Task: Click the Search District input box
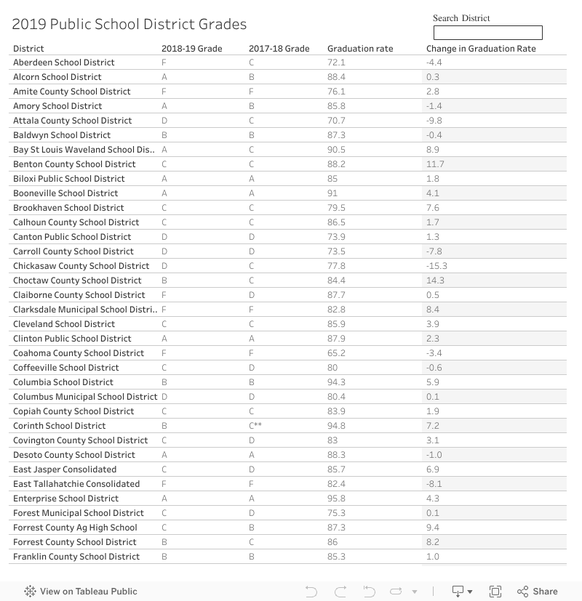(x=487, y=33)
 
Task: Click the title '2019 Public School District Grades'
(x=129, y=25)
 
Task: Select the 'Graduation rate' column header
(x=360, y=49)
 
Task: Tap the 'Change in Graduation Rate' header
(x=481, y=49)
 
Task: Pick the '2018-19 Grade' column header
(x=191, y=49)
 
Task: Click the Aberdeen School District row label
(x=64, y=62)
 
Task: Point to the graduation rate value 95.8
(x=336, y=499)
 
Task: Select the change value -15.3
(x=436, y=266)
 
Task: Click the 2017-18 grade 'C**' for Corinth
(x=255, y=426)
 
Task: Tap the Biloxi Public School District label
(x=69, y=179)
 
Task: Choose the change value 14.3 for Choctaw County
(x=435, y=281)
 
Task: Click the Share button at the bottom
(x=538, y=592)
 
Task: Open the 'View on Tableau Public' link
(x=81, y=592)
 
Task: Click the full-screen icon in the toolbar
(x=495, y=592)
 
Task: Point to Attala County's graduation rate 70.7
(x=336, y=121)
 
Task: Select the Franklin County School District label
(x=76, y=557)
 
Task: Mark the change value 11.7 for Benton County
(x=435, y=164)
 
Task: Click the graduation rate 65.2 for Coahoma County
(x=336, y=353)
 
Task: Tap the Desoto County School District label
(x=74, y=455)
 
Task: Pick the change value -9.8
(x=434, y=121)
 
